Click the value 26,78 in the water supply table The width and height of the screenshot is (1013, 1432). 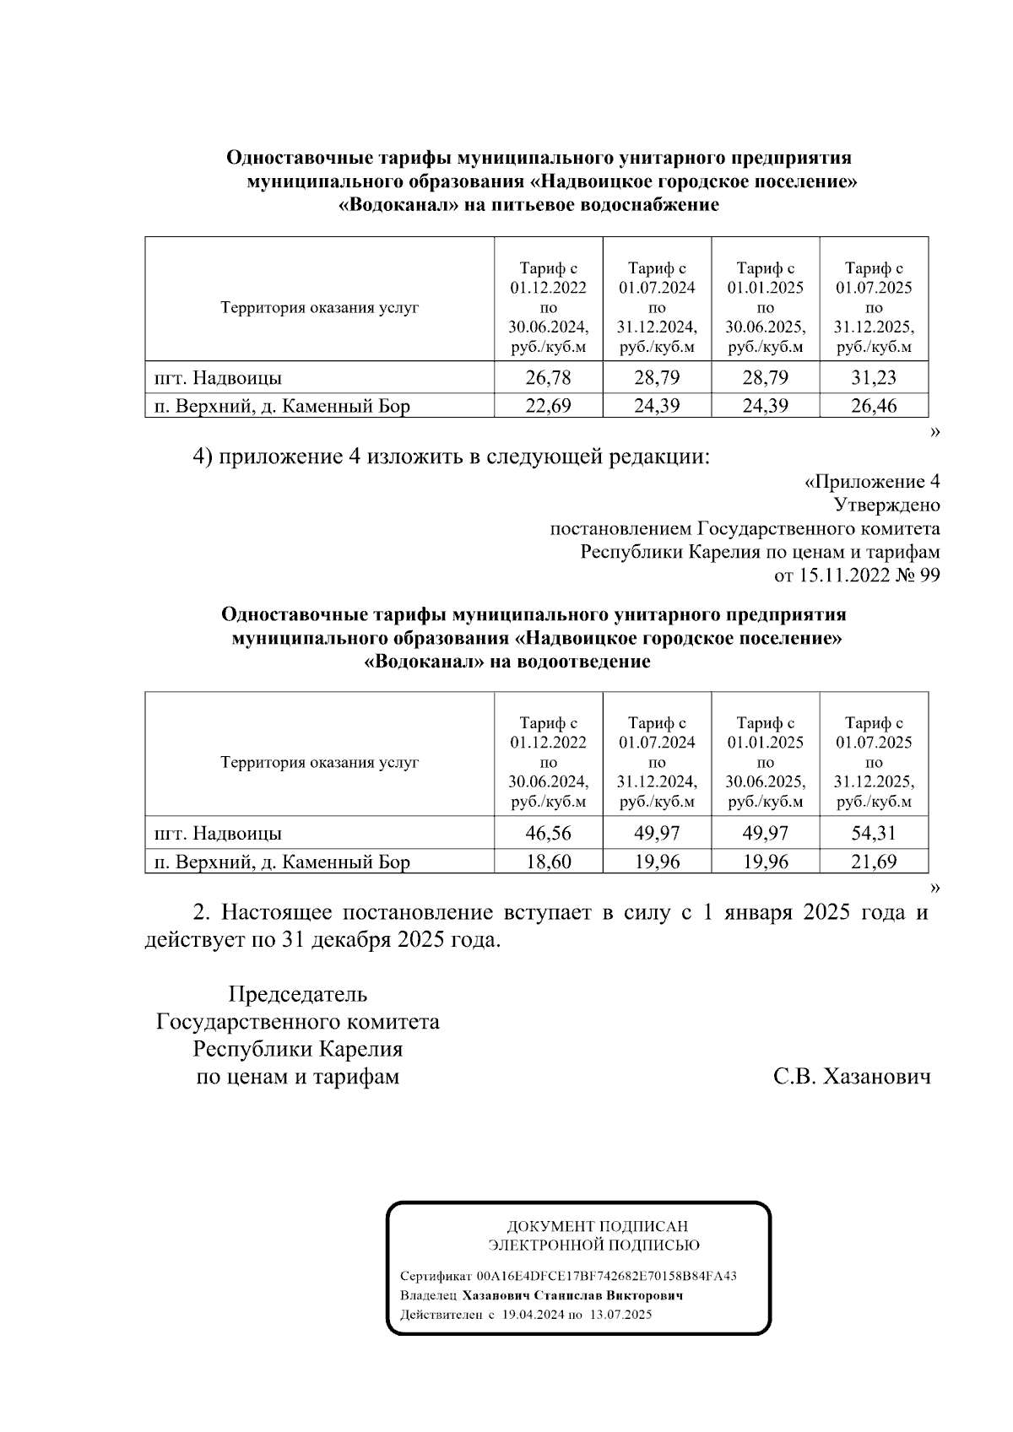[548, 377]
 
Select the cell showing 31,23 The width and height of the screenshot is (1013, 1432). [874, 377]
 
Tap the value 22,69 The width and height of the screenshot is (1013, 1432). [548, 406]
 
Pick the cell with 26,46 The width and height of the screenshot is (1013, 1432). [874, 406]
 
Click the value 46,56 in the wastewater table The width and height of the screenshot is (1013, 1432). [548, 833]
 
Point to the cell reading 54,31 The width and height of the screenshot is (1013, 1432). [874, 833]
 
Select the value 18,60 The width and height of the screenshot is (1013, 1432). [548, 862]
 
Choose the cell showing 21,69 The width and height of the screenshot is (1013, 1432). [874, 862]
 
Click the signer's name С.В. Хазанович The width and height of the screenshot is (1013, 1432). [852, 1077]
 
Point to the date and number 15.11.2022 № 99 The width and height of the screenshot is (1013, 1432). [857, 576]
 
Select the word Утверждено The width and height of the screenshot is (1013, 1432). [886, 505]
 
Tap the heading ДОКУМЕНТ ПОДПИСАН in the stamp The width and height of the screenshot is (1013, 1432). [597, 1226]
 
